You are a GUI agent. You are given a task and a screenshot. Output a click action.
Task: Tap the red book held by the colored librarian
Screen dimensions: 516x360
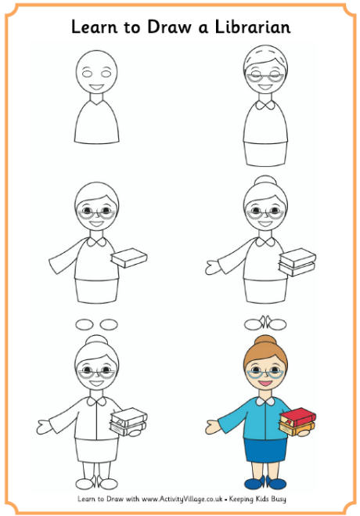point(297,416)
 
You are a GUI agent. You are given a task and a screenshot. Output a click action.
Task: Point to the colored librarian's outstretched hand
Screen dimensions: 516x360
point(213,426)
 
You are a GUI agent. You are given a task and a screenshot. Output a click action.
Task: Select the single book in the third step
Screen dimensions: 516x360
point(129,258)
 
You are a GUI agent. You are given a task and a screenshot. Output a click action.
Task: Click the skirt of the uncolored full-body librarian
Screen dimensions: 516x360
point(98,450)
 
